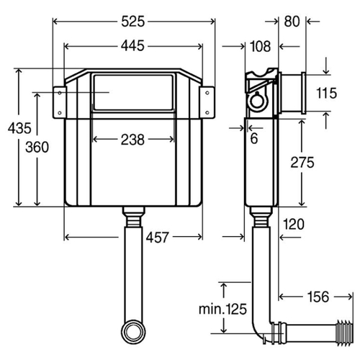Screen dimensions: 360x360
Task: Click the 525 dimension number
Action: coord(133,22)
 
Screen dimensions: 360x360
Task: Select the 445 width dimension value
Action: coord(132,45)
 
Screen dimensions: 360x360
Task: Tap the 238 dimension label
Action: coord(132,140)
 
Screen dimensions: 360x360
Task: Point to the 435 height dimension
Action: coord(19,128)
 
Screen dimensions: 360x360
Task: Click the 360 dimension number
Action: coord(37,147)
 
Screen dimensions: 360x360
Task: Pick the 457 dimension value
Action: coord(158,238)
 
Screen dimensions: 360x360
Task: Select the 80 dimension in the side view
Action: coord(292,22)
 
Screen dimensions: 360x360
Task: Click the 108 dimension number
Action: coord(261,46)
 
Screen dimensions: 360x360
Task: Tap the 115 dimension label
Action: coord(327,93)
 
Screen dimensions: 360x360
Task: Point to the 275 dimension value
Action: coord(302,163)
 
